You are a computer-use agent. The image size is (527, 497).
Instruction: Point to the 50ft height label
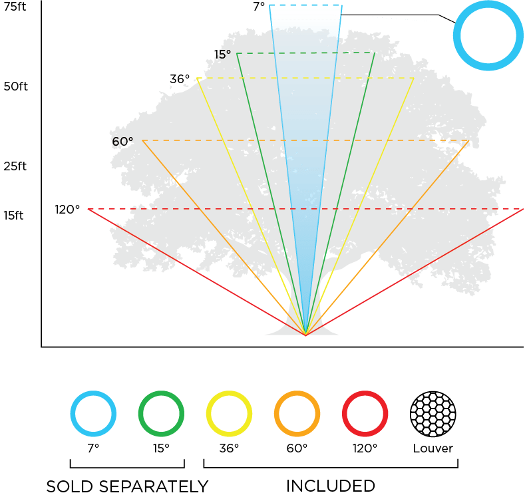(15, 87)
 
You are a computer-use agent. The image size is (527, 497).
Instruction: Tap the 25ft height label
(15, 166)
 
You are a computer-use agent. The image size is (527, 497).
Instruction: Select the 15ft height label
(14, 216)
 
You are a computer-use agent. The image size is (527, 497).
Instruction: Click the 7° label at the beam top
(258, 7)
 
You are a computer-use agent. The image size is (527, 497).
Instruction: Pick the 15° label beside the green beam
(222, 54)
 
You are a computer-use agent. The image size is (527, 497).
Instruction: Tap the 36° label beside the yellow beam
(179, 79)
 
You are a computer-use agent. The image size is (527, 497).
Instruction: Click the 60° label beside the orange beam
(122, 141)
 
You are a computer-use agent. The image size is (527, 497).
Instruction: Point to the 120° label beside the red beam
(67, 210)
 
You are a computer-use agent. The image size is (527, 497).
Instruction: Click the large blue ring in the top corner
(486, 35)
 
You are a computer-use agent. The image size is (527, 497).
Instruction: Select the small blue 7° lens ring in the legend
(93, 414)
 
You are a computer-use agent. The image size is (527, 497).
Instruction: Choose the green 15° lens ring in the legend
(161, 414)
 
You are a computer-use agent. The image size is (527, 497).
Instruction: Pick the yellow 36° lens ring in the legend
(230, 414)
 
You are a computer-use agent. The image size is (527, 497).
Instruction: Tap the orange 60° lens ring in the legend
(297, 414)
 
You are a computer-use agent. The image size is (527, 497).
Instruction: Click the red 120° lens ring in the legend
(365, 414)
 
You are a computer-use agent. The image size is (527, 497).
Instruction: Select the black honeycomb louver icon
(433, 414)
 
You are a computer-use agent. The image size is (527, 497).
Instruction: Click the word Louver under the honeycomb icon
(433, 448)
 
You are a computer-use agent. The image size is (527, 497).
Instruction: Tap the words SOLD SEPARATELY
(127, 486)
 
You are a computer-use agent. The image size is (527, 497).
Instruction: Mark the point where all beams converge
(305, 334)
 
